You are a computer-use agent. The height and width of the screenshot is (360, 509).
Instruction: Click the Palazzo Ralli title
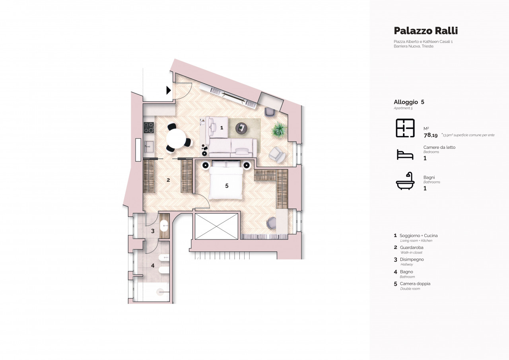tap(426, 31)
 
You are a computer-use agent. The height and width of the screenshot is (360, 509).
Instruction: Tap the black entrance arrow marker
tap(169, 90)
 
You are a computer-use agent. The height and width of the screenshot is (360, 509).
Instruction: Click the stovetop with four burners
tap(149, 128)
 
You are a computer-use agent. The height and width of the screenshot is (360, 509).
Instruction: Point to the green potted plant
tap(279, 130)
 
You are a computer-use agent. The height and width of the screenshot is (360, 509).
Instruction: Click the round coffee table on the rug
tap(241, 129)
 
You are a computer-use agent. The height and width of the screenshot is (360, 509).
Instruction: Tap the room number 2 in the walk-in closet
tap(168, 180)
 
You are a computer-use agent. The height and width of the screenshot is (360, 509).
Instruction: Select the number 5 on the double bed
tap(227, 186)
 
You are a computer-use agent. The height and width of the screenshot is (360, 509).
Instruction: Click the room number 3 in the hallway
tap(153, 231)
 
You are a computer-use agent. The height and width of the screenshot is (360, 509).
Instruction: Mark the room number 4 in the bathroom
tap(153, 265)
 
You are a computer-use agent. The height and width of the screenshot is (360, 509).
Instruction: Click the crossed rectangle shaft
tap(217, 226)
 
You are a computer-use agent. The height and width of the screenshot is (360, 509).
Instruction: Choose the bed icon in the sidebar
tap(405, 155)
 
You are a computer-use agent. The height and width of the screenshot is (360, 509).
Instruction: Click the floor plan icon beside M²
tap(405, 128)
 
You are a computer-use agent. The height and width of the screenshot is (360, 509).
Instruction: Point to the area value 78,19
tap(431, 135)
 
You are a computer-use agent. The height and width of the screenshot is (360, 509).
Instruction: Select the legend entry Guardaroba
tap(412, 247)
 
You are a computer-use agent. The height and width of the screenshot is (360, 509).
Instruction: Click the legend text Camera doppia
tap(415, 284)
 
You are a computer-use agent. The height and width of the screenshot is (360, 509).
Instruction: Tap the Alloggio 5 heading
tap(409, 102)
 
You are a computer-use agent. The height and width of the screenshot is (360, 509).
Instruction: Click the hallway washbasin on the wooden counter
tap(164, 226)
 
